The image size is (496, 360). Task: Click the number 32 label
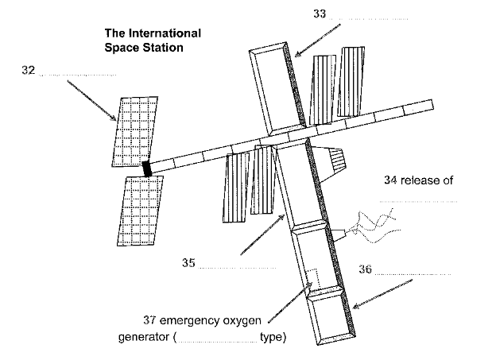(x=28, y=71)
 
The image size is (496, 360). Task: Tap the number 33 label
(x=320, y=14)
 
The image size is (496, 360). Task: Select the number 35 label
(x=188, y=263)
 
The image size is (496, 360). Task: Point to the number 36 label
(x=365, y=269)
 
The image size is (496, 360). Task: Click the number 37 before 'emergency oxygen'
(x=151, y=321)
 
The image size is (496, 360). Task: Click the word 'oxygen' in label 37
(x=244, y=321)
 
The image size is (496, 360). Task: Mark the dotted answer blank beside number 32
(x=77, y=75)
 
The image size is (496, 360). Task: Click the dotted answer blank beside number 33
(x=370, y=17)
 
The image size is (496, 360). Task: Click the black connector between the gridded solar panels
(x=146, y=168)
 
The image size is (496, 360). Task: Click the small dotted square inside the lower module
(x=313, y=279)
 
